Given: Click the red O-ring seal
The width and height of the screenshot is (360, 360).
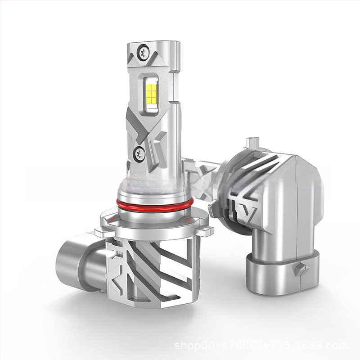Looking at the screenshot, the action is click(x=155, y=205).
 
